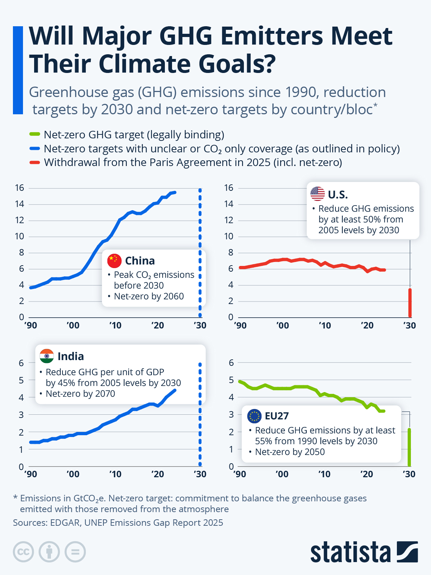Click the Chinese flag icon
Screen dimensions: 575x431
(x=114, y=261)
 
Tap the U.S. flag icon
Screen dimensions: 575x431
(x=318, y=194)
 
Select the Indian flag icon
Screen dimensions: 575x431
(x=47, y=356)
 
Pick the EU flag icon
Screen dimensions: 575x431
(x=254, y=416)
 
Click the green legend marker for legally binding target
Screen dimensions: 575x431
(x=34, y=134)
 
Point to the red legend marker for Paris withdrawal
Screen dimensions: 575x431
(x=34, y=162)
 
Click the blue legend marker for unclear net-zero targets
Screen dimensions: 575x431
(x=34, y=148)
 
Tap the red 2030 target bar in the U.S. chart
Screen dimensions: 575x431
(x=410, y=303)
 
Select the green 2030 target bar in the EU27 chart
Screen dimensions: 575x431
(x=409, y=447)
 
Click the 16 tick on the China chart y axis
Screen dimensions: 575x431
(x=19, y=188)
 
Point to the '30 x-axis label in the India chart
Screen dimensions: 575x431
(x=200, y=474)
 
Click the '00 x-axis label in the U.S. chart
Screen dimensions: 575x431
(x=282, y=326)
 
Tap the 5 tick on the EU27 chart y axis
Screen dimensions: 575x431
(x=231, y=380)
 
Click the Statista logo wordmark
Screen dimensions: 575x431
(x=350, y=552)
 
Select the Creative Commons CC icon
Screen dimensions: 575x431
(x=23, y=552)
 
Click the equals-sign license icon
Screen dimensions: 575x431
(x=75, y=552)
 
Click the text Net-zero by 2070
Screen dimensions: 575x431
(x=80, y=394)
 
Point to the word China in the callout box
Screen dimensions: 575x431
(x=140, y=261)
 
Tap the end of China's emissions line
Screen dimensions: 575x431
(x=175, y=192)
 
